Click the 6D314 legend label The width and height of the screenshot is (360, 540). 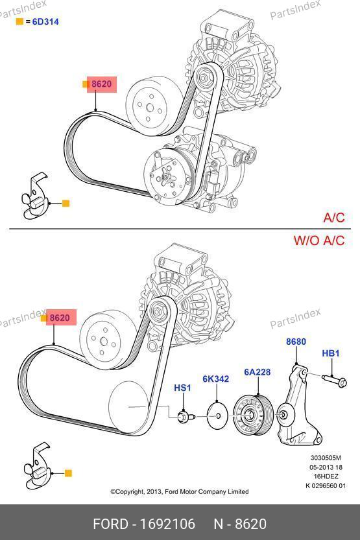pyautogui.click(x=45, y=21)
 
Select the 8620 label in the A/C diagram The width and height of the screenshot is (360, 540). pyautogui.click(x=102, y=84)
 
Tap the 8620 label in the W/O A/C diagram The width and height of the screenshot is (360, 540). pyautogui.click(x=60, y=318)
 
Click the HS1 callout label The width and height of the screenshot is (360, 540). pyautogui.click(x=182, y=388)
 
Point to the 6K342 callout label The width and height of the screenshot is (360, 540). pyautogui.click(x=215, y=379)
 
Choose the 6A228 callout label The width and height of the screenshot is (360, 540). pyautogui.click(x=258, y=372)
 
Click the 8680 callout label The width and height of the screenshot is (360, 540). pyautogui.click(x=296, y=342)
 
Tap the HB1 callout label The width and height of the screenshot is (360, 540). pyautogui.click(x=331, y=353)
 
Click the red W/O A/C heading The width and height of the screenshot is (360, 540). pyautogui.click(x=319, y=241)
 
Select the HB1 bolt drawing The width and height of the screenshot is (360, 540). pyautogui.click(x=335, y=380)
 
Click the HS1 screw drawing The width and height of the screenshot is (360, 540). pyautogui.click(x=186, y=417)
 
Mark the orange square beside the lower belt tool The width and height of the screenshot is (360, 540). pyautogui.click(x=68, y=473)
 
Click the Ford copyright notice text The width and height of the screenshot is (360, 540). pyautogui.click(x=180, y=491)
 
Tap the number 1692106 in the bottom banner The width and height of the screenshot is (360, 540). pyautogui.click(x=167, y=524)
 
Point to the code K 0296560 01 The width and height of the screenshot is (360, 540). pyautogui.click(x=326, y=486)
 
